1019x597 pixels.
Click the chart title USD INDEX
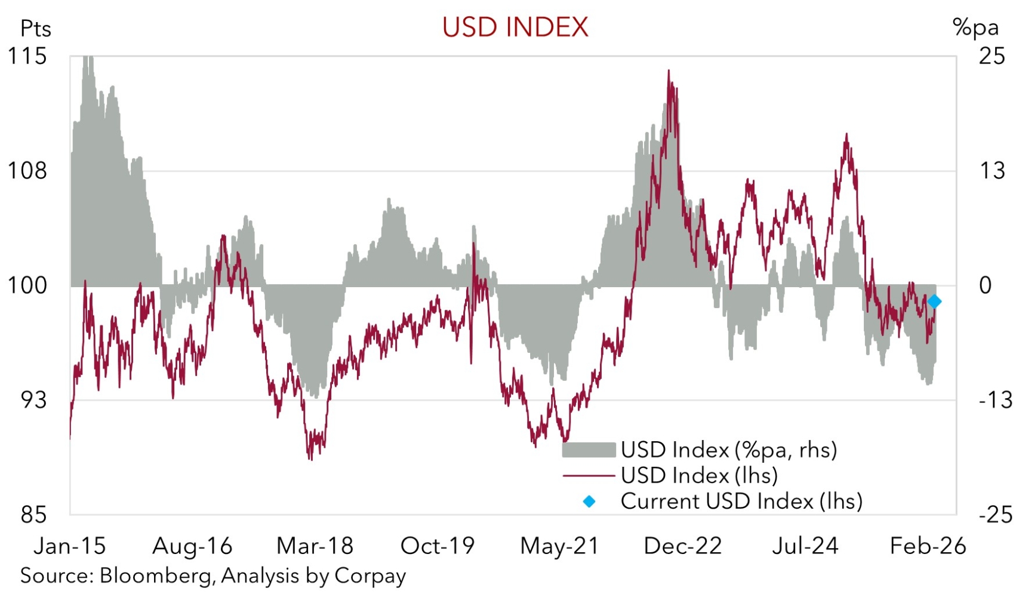(515, 27)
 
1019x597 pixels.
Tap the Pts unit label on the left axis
(35, 29)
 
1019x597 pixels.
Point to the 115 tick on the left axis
(27, 56)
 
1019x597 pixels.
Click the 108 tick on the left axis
(27, 171)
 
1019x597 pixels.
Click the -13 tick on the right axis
(995, 400)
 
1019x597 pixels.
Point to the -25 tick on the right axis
(995, 515)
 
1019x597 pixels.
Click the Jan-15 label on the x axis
(70, 546)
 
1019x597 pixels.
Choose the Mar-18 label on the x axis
(315, 546)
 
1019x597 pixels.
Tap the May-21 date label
(559, 546)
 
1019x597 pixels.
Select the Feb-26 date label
(928, 546)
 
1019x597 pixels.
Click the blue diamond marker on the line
(935, 302)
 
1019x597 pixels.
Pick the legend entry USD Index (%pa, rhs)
(729, 450)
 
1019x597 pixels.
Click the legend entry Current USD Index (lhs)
(741, 501)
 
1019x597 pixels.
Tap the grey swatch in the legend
(589, 450)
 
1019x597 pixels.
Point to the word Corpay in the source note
(370, 576)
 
